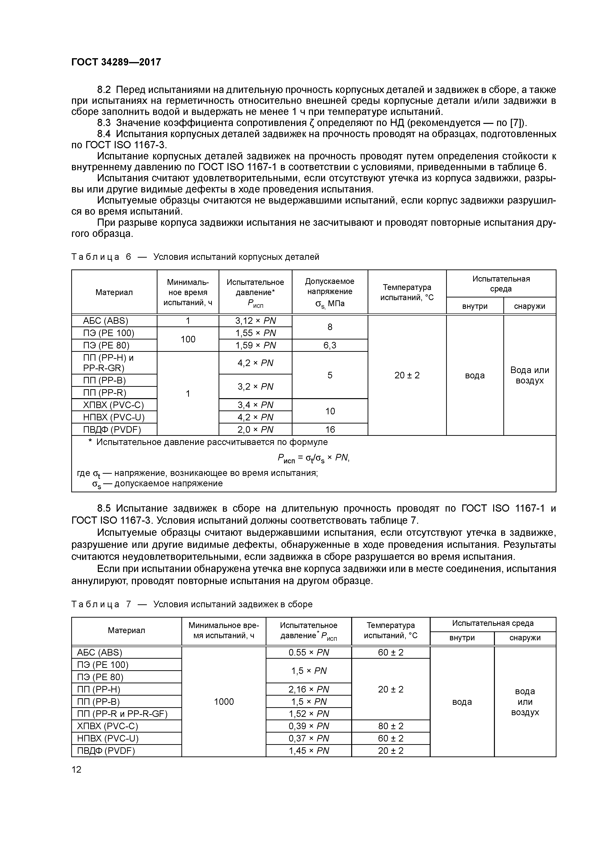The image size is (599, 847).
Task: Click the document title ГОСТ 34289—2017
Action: tap(116, 62)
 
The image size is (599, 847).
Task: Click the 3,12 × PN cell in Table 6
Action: tap(255, 321)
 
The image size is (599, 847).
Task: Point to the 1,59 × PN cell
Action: tap(255, 345)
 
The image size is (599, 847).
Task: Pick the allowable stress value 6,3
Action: tap(330, 345)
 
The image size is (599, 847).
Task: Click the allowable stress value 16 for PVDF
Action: tap(330, 429)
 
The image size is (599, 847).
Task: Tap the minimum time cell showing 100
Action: tap(188, 339)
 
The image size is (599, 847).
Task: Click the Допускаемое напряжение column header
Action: tap(330, 292)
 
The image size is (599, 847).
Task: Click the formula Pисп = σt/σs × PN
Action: tap(313, 459)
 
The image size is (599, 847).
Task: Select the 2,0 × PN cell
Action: tap(255, 429)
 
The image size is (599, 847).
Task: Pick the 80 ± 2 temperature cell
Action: tap(391, 726)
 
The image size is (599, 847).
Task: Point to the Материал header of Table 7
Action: tap(126, 630)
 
